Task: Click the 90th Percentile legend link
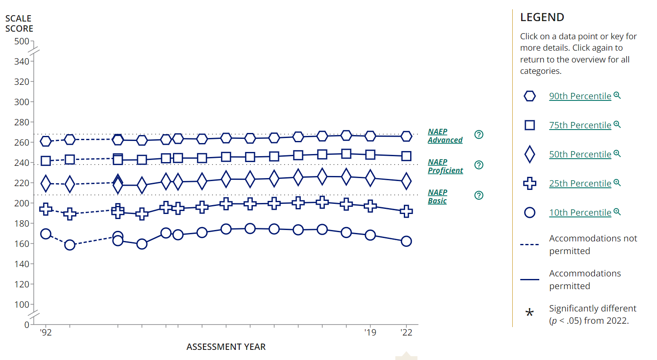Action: pyautogui.click(x=580, y=96)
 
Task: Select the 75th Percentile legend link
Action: pyautogui.click(x=580, y=125)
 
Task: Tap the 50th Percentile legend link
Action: pyautogui.click(x=580, y=154)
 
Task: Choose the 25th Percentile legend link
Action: pyautogui.click(x=580, y=184)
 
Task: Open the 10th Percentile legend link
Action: pyautogui.click(x=580, y=213)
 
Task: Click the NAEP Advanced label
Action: pyautogui.click(x=445, y=136)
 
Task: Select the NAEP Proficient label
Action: pyautogui.click(x=445, y=166)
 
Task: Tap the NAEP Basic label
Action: pyautogui.click(x=438, y=197)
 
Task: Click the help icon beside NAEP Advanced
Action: pyautogui.click(x=479, y=135)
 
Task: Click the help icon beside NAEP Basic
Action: pyautogui.click(x=479, y=195)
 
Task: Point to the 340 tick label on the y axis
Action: pyautogui.click(x=22, y=62)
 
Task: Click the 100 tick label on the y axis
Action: pyautogui.click(x=22, y=305)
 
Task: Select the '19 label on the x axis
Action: pyautogui.click(x=370, y=333)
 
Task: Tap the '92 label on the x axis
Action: pyautogui.click(x=46, y=333)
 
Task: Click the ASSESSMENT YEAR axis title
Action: pyautogui.click(x=226, y=347)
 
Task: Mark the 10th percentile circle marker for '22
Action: pyautogui.click(x=406, y=241)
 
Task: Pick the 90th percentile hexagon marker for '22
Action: pyautogui.click(x=406, y=136)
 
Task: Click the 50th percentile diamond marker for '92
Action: pyautogui.click(x=46, y=184)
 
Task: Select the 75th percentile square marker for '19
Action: pyautogui.click(x=370, y=155)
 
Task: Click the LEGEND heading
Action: pyautogui.click(x=542, y=17)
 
